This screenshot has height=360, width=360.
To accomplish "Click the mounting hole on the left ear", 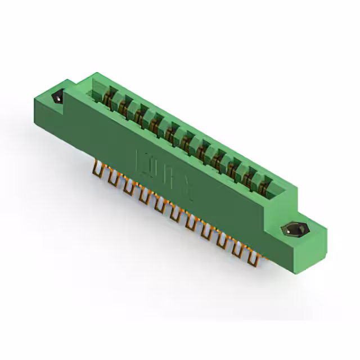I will tap(58, 98).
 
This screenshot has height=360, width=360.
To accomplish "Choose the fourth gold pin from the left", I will tap(145, 196).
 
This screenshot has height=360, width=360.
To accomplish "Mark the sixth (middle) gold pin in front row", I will tap(177, 214).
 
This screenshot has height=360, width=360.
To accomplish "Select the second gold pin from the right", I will tap(238, 247).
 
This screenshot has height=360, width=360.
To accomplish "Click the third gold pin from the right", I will tap(223, 239).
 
